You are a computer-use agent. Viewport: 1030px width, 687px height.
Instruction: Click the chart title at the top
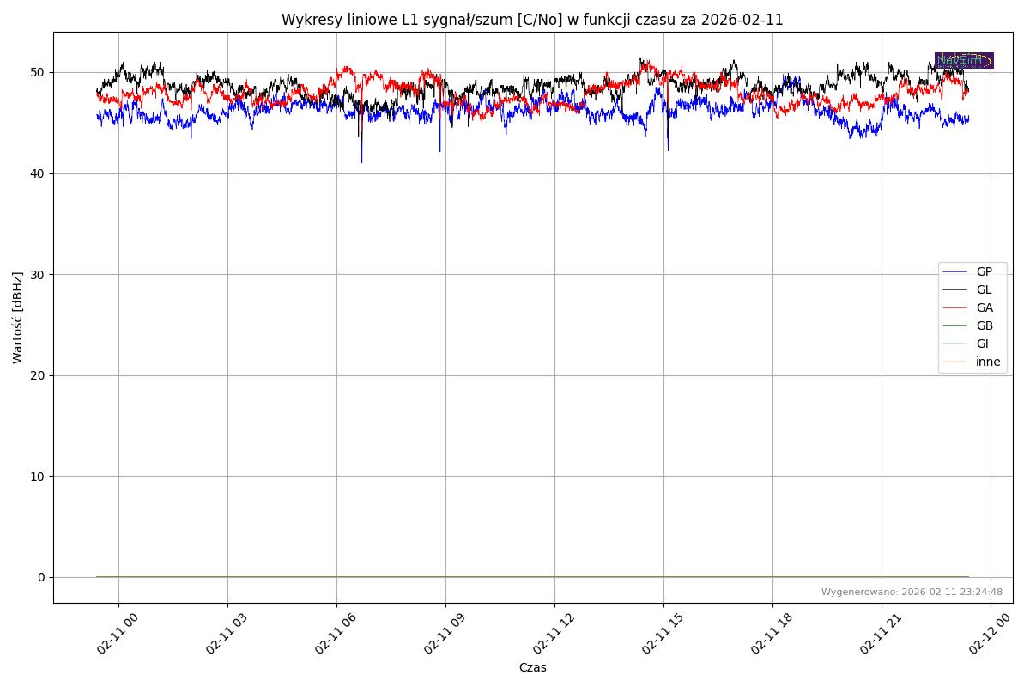coord(532,20)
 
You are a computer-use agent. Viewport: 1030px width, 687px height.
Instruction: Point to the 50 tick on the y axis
coord(39,72)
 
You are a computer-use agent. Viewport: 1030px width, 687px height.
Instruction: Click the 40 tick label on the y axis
coord(39,173)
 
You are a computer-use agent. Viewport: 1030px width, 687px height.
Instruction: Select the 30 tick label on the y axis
coord(39,274)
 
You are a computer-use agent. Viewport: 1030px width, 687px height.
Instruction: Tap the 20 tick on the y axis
coord(39,375)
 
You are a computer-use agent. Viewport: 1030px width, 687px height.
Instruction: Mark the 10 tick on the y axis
coord(39,476)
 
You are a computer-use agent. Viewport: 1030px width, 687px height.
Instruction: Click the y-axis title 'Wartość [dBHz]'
coord(18,318)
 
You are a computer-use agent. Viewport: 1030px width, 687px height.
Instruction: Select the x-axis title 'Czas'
coord(532,667)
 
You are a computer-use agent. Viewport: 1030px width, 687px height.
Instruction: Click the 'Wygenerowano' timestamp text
coord(912,592)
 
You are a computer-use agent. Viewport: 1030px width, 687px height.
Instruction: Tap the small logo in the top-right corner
coord(964,60)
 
